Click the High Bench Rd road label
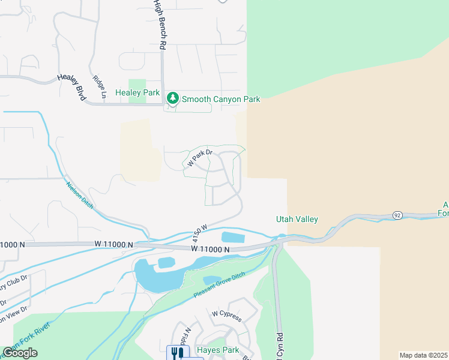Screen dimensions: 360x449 tap(160, 25)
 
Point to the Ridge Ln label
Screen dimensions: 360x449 tap(100, 86)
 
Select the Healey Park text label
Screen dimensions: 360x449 tap(137, 93)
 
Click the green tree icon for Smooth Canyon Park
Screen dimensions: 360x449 tap(173, 98)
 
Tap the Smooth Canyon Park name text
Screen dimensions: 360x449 tap(221, 99)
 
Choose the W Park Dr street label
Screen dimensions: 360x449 tap(200, 158)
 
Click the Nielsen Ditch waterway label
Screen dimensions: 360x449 tap(79, 196)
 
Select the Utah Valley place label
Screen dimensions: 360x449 tap(297, 220)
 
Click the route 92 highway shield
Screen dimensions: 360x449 tap(397, 215)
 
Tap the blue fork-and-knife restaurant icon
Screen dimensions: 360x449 tap(176, 353)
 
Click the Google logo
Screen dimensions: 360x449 tap(20, 353)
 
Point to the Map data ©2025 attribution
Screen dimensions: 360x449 tap(423, 355)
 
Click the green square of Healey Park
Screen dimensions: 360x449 tap(137, 85)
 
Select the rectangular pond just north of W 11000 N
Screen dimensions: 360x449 tap(233, 237)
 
